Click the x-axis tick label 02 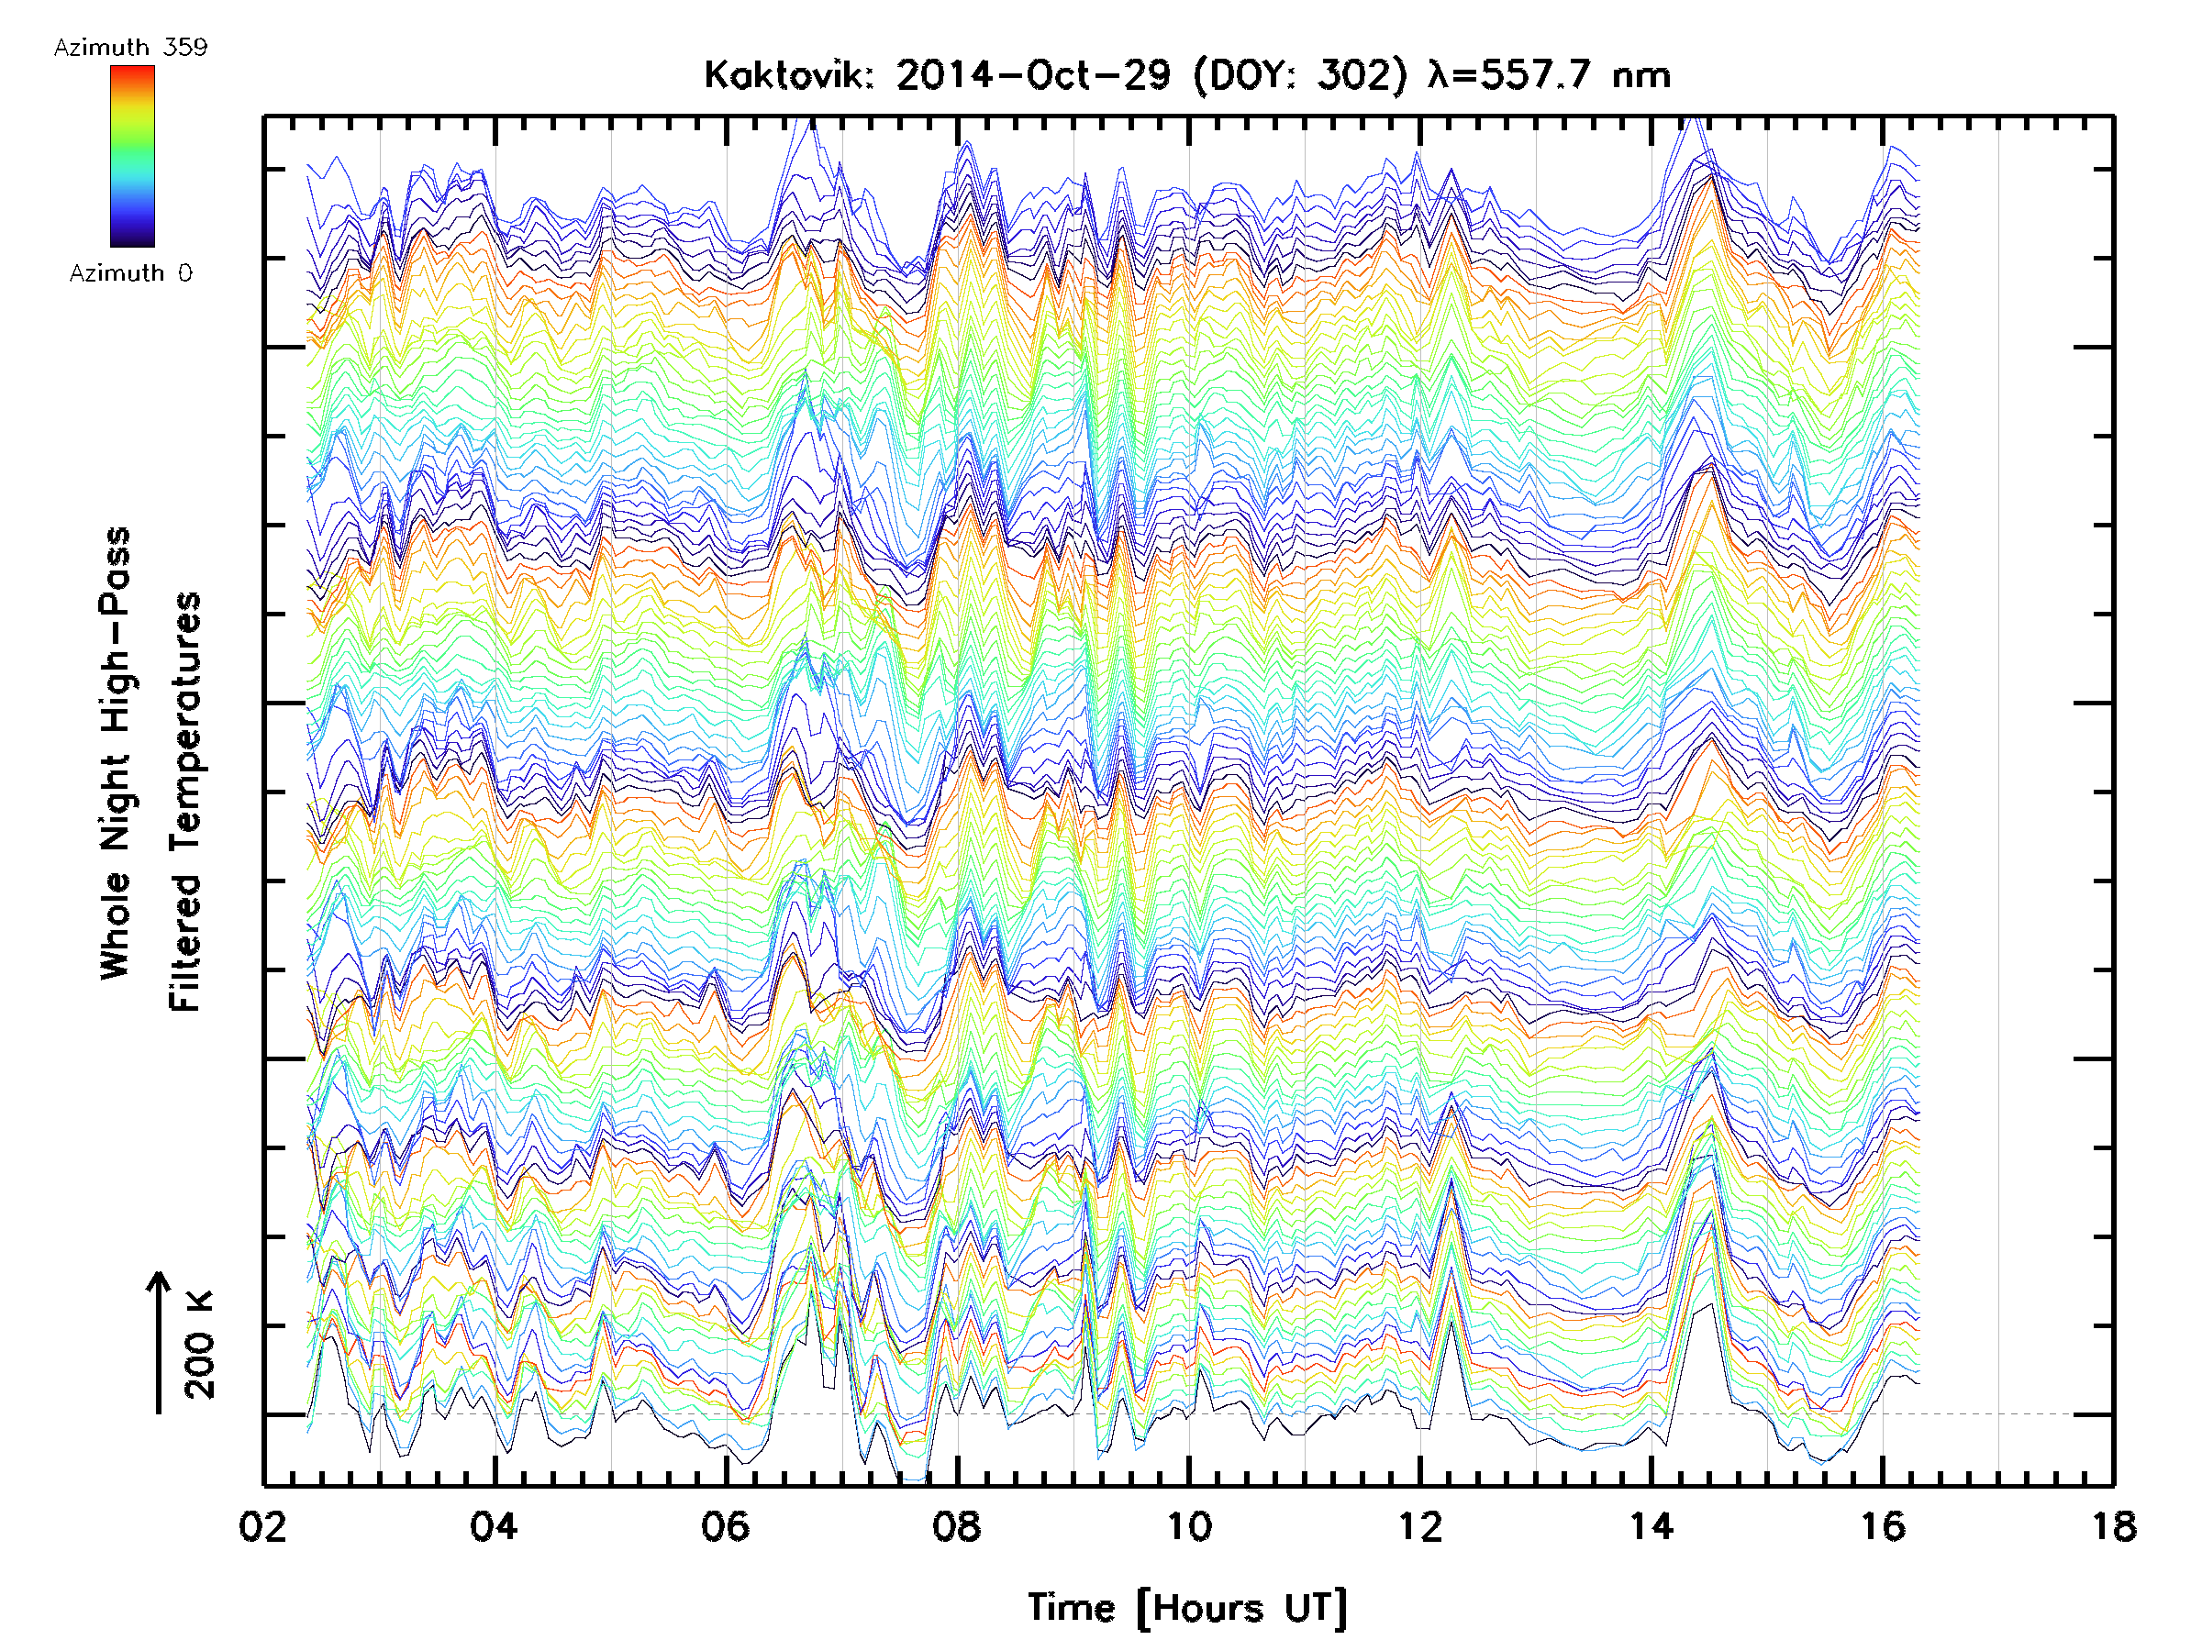pos(262,1525)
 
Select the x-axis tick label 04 pos(494,1525)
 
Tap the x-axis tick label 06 pos(726,1525)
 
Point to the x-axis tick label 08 pos(957,1525)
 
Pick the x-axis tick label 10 pos(1188,1525)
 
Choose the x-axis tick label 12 pos(1419,1525)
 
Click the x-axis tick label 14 pos(1651,1525)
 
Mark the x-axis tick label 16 pos(1883,1525)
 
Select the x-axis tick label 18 pos(2113,1525)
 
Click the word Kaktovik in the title pos(787,75)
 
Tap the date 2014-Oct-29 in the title pos(1032,75)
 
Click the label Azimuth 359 pos(130,48)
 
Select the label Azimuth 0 pos(130,272)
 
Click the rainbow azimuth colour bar pos(132,156)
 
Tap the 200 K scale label pos(200,1344)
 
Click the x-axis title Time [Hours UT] pos(1187,1608)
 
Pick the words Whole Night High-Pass pos(116,752)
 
